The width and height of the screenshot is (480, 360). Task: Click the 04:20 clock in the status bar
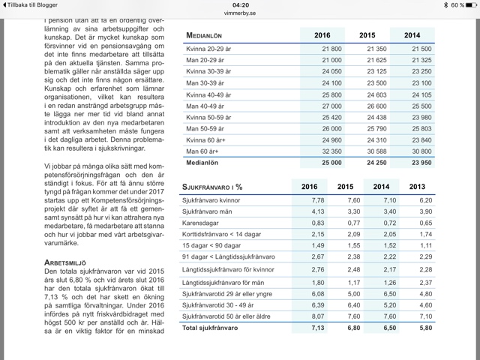click(240, 4)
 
